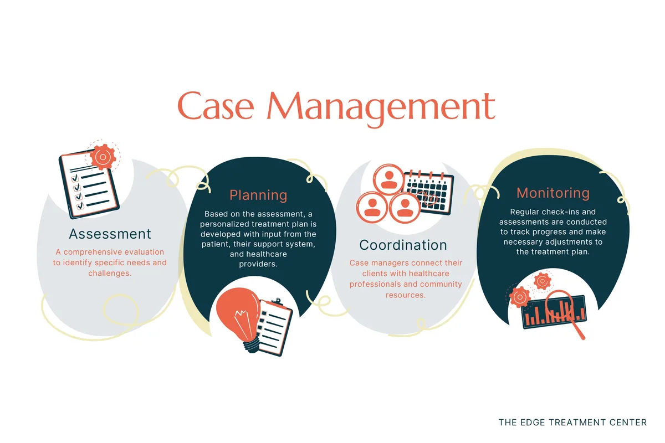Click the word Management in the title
tap(382, 106)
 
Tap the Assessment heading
tap(110, 233)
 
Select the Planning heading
tap(258, 195)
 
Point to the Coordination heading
tap(403, 245)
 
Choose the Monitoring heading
tap(553, 193)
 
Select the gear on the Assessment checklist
tap(103, 157)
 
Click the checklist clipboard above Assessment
tap(89, 183)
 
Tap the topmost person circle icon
tap(388, 179)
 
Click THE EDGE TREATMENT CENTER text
tap(572, 423)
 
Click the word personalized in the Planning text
tap(228, 224)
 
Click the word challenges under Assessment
tap(110, 273)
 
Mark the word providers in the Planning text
tap(258, 264)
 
